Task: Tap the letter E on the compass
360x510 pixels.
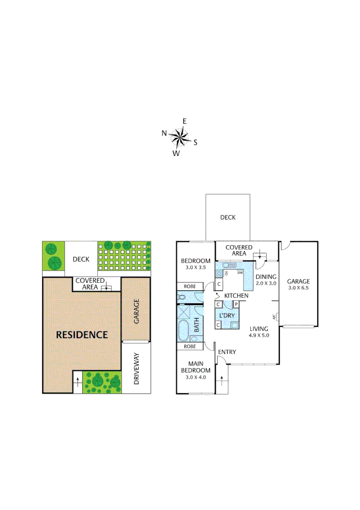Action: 184,121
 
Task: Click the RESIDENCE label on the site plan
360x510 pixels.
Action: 82,335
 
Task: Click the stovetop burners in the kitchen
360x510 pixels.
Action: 219,273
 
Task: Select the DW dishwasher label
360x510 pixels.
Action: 240,273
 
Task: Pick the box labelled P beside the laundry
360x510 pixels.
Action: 235,304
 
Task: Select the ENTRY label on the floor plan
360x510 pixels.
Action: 227,352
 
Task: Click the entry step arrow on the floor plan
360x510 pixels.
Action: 222,382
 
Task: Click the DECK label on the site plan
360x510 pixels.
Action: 81,259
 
